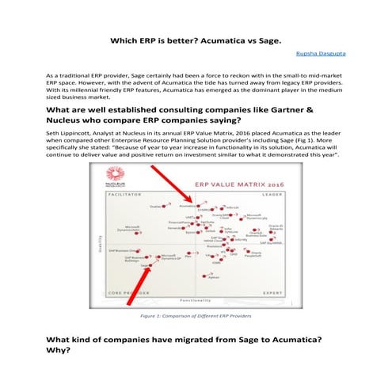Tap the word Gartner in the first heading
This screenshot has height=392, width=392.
[303, 110]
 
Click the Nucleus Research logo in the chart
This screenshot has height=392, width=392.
[109, 183]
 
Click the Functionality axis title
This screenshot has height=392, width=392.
[195, 300]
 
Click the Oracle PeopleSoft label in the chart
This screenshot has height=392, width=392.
[252, 254]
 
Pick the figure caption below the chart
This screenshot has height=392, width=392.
[196, 316]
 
